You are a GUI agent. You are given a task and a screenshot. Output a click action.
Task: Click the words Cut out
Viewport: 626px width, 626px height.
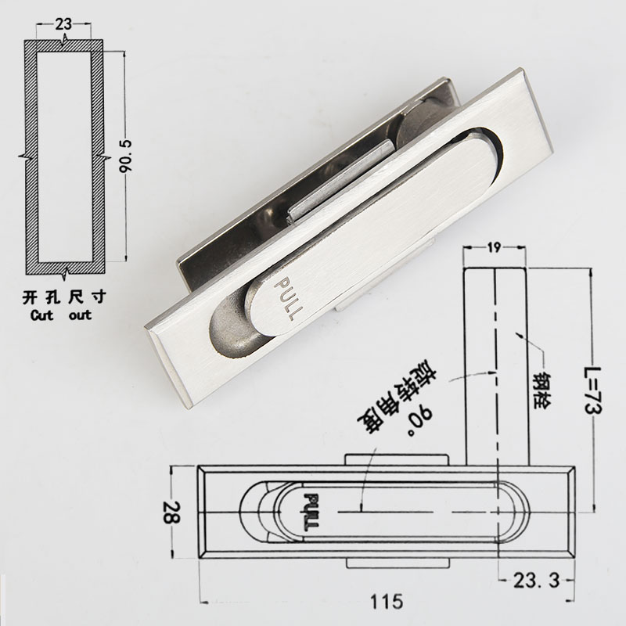(60, 315)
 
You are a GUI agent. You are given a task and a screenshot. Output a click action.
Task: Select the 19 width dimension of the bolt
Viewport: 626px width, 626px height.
(495, 248)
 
